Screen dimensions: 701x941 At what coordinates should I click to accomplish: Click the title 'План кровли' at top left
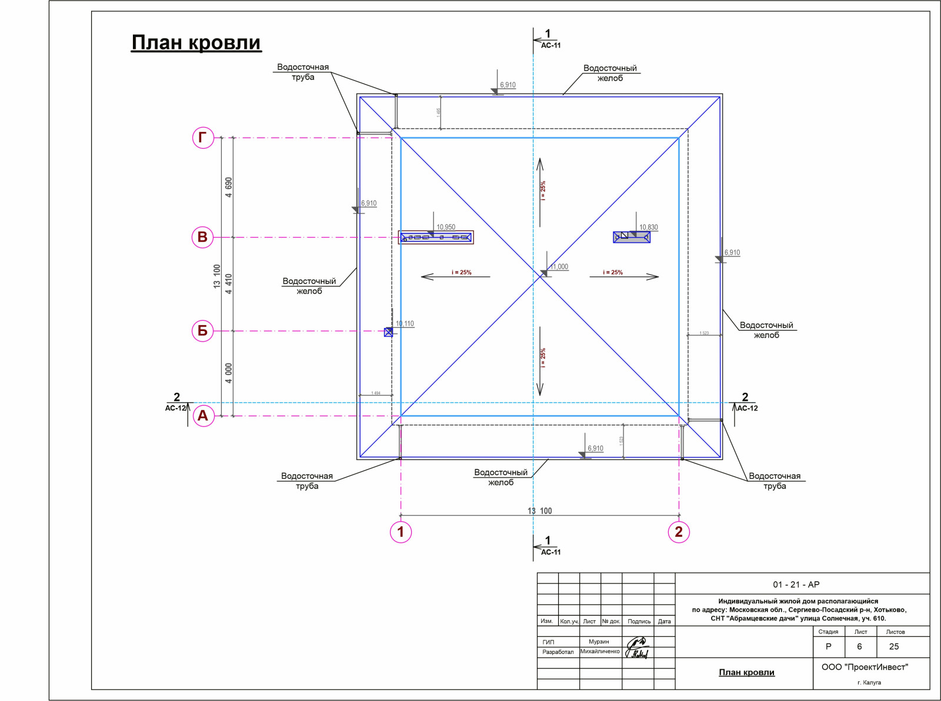tap(196, 43)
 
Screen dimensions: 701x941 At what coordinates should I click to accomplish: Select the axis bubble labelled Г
tap(203, 138)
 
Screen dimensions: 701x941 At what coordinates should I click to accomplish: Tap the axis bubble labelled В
tap(202, 237)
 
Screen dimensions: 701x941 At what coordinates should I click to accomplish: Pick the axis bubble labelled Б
tap(202, 331)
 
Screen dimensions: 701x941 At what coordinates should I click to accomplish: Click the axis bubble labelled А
tap(203, 416)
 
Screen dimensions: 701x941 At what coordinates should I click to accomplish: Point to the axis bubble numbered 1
tap(401, 532)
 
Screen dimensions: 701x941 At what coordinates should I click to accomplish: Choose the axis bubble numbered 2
tap(679, 532)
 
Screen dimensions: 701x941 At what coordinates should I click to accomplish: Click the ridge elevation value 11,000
tap(559, 267)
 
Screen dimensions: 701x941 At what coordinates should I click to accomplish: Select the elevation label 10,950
tap(446, 227)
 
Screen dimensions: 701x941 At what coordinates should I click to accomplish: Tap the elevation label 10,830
tap(649, 227)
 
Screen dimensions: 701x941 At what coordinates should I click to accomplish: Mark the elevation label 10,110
tap(405, 324)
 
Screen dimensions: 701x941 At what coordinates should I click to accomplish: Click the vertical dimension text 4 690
tap(229, 187)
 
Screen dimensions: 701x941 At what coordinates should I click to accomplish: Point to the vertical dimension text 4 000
tap(229, 373)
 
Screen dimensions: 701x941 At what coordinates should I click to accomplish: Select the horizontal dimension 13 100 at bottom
tap(540, 511)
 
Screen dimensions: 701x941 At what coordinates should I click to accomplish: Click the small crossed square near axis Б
tap(388, 332)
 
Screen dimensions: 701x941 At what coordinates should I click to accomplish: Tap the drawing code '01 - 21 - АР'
tap(796, 585)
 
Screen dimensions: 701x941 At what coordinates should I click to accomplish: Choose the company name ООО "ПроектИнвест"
tap(865, 667)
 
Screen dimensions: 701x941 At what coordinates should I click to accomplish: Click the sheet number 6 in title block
tap(859, 646)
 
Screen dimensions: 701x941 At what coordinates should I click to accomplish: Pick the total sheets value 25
tap(894, 646)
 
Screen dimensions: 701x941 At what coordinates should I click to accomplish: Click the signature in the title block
tap(638, 647)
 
